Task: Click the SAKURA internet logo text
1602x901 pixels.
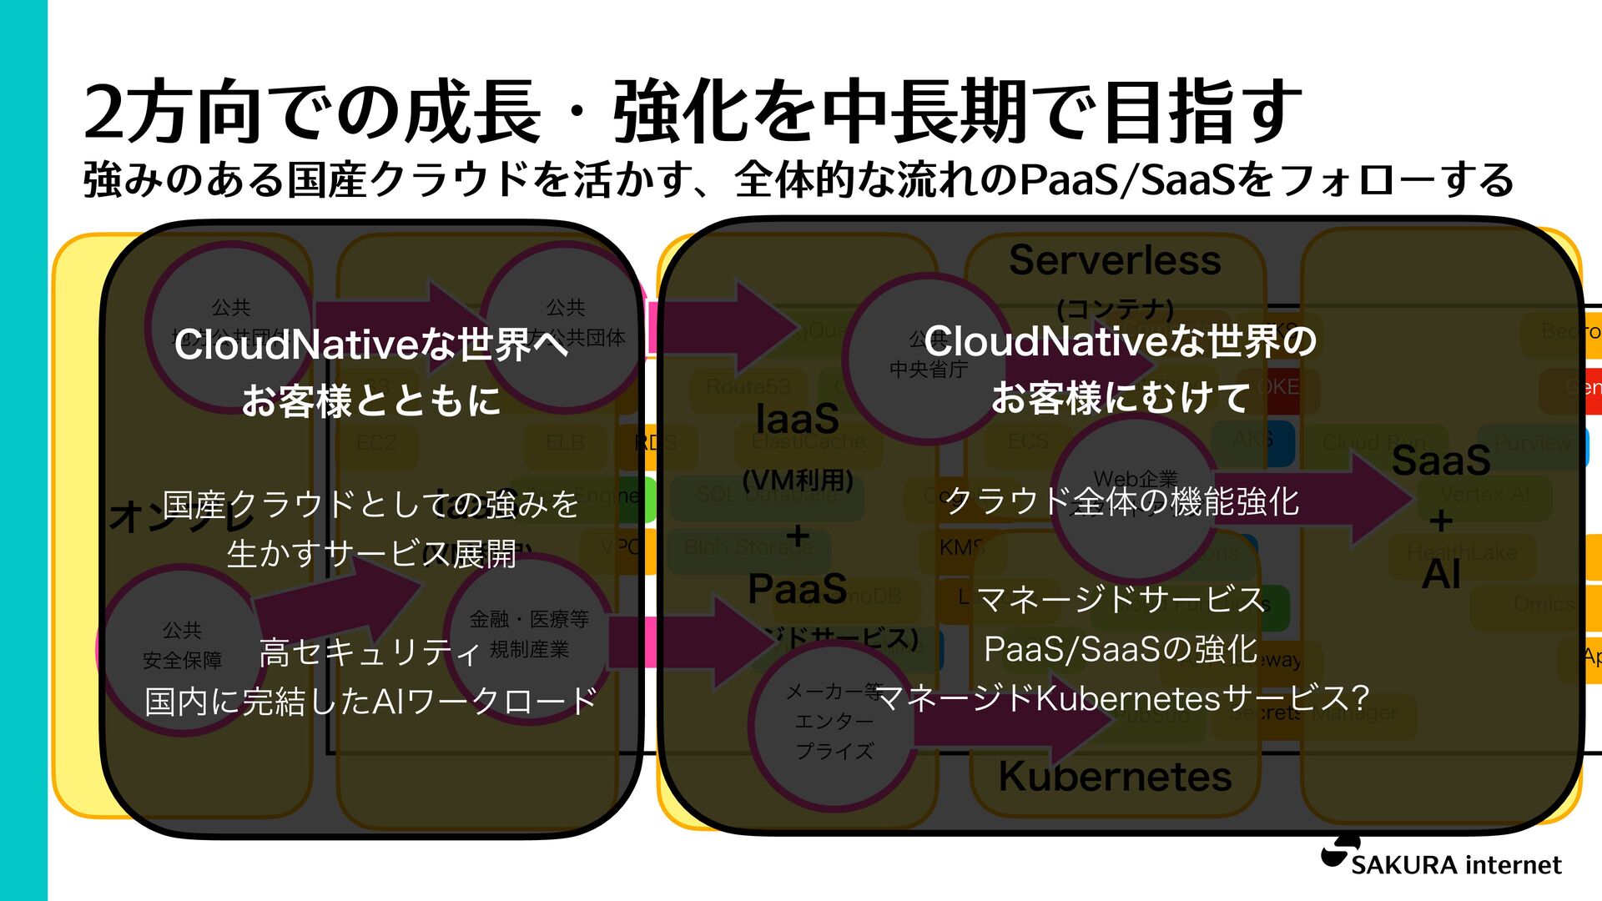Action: pos(1455,865)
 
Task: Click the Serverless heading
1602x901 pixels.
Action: pos(1115,260)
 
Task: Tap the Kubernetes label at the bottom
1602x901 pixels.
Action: pos(1115,777)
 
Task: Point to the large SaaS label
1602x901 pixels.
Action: pos(1441,461)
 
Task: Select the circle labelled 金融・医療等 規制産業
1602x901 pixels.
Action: pos(529,633)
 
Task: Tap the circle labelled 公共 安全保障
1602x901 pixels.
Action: pos(182,646)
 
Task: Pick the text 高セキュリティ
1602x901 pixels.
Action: pos(370,652)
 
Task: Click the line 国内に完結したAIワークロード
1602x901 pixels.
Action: pos(370,702)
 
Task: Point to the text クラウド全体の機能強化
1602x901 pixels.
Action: pos(1121,501)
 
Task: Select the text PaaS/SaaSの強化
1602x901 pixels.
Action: pos(1121,649)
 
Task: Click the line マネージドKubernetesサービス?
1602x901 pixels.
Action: pos(1123,698)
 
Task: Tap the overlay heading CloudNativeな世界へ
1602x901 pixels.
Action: pos(371,344)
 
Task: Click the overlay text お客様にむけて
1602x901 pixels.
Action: pos(1121,398)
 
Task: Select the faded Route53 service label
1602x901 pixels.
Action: pos(748,387)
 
